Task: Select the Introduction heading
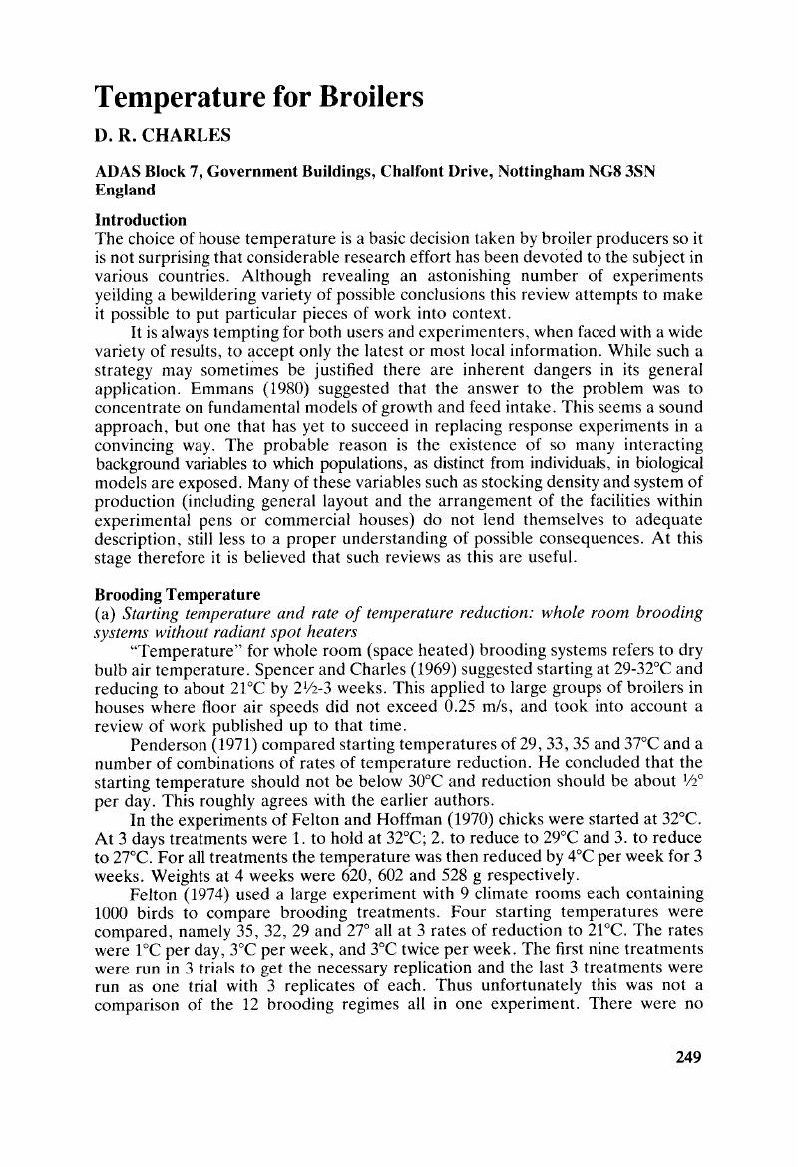click(x=140, y=219)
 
